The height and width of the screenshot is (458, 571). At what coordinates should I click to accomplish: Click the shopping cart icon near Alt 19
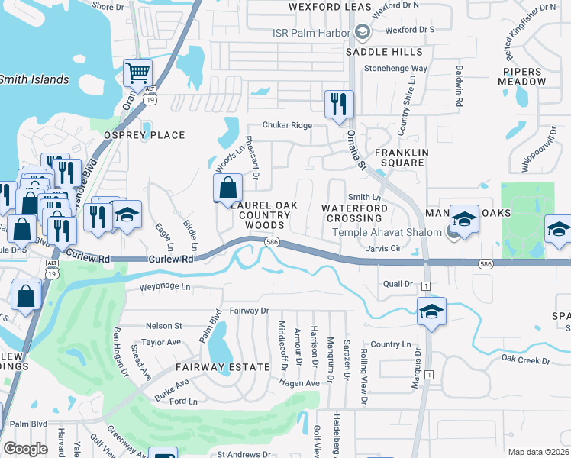[138, 74]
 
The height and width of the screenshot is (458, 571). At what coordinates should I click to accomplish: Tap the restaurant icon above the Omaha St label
[339, 104]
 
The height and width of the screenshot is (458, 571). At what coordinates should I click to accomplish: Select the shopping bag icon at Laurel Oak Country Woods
[227, 188]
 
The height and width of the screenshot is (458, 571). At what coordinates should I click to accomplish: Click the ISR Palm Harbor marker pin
[362, 33]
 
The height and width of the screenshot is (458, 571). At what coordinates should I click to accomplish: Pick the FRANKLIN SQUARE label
[396, 157]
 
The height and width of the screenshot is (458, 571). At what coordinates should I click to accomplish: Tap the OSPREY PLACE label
[144, 135]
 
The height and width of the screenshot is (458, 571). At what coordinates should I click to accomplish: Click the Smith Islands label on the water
[34, 79]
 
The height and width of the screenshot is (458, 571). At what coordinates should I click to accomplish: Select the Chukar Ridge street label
[287, 125]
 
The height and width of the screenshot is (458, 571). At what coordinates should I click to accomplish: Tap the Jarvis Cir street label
[384, 248]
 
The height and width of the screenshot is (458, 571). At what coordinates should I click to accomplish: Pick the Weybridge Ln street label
[164, 287]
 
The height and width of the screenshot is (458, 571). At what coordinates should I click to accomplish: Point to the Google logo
[25, 449]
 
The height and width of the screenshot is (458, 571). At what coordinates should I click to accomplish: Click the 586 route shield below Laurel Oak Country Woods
[271, 242]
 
